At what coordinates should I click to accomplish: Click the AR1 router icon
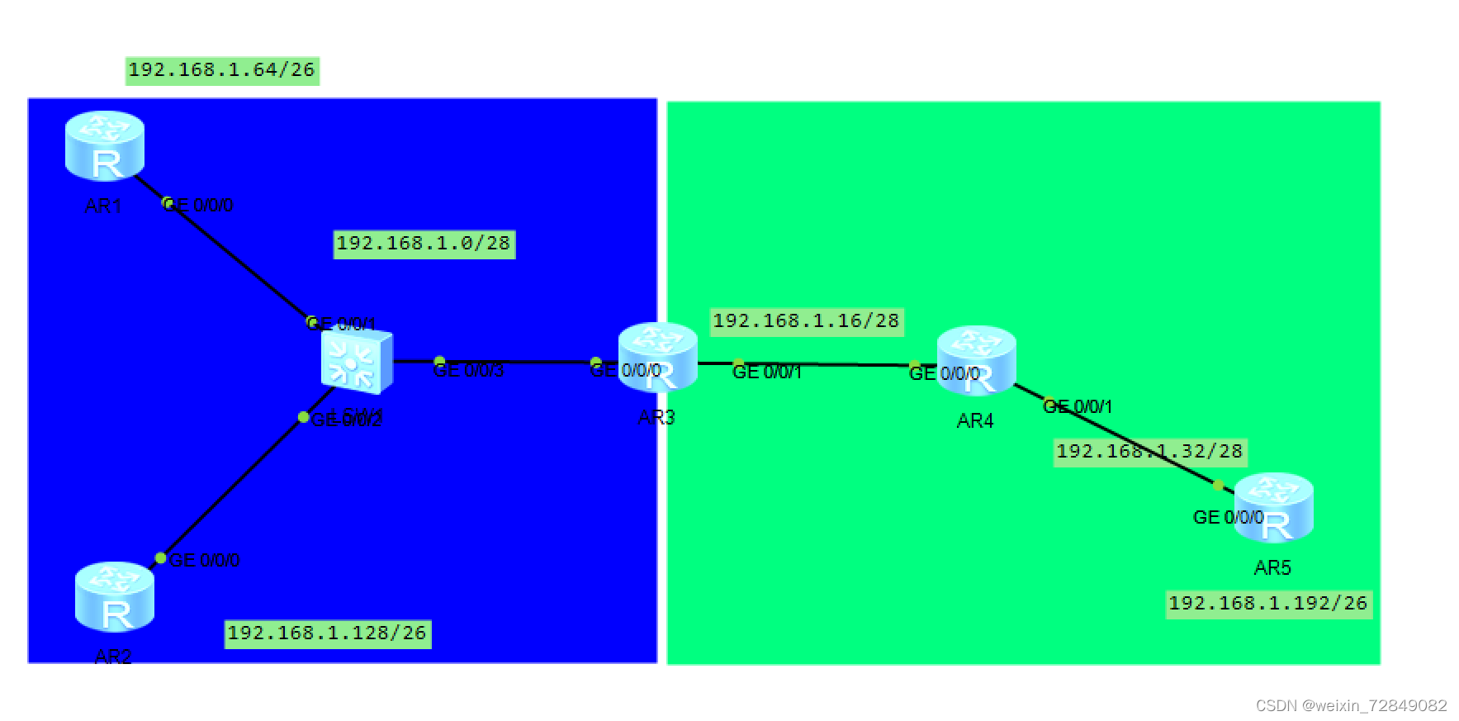pos(105,145)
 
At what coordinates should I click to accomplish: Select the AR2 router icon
pos(114,596)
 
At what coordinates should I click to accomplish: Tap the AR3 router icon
pos(658,356)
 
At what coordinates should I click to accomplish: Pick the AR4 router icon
pos(976,360)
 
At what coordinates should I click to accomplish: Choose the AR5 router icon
pos(1273,507)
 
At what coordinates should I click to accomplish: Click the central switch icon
pos(357,361)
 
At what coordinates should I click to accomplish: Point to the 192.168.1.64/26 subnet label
pos(222,70)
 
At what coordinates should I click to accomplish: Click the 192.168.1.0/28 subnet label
pos(424,244)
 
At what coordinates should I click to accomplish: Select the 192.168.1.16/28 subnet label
pos(806,321)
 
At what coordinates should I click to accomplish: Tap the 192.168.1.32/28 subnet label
pos(1149,452)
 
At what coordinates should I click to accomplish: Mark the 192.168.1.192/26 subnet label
pos(1268,604)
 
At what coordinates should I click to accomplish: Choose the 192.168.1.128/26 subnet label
pos(327,633)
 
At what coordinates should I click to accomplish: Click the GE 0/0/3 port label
pos(469,371)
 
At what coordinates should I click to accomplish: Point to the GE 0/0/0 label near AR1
pos(199,206)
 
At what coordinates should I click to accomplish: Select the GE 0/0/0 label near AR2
pos(205,560)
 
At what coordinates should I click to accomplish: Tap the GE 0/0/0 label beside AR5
pos(1228,518)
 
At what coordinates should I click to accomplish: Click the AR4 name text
pos(975,421)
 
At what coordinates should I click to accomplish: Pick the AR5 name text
pos(1272,568)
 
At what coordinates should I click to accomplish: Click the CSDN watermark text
pos(1351,705)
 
